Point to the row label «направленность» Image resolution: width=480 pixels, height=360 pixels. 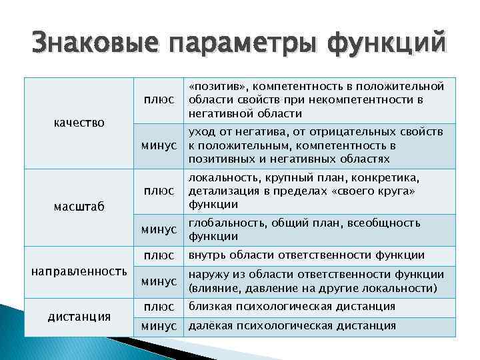pyautogui.click(x=79, y=271)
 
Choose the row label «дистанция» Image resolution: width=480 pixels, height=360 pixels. pyautogui.click(x=79, y=316)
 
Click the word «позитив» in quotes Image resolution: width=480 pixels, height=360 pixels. pyautogui.click(x=217, y=87)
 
